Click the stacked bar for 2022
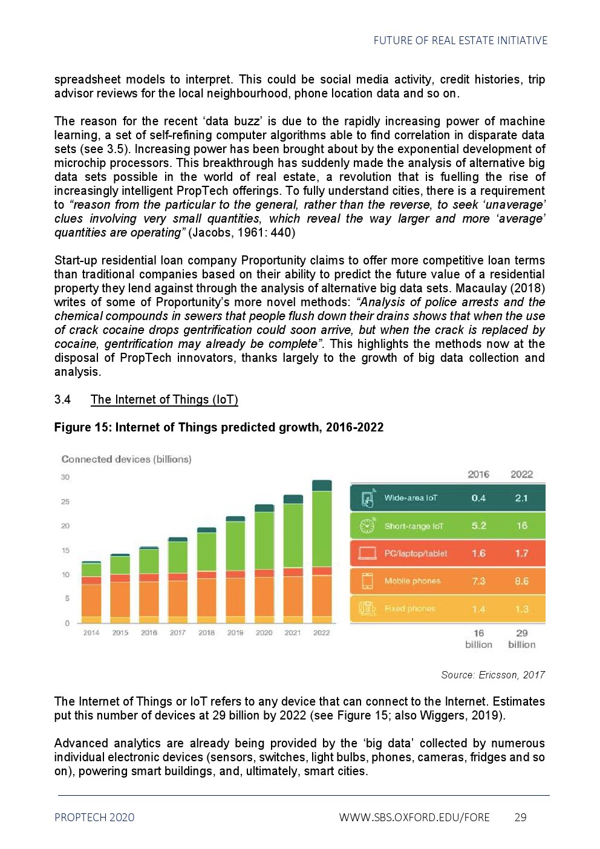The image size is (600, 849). coord(322,551)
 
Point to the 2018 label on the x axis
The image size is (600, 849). coord(206,632)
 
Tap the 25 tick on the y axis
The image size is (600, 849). coord(65,502)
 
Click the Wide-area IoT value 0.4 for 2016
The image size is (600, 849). coord(478,498)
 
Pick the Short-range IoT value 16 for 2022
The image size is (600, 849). coord(521,526)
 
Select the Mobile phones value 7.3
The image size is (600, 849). coord(478,581)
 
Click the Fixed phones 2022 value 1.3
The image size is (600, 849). coord(521,609)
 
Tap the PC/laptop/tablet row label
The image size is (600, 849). coord(416,553)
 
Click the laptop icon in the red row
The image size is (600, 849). coord(367,553)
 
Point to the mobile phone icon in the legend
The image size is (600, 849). coord(367,581)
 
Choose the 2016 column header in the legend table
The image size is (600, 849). coord(478,474)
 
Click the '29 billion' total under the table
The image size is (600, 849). coord(521,639)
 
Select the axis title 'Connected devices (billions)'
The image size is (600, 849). coord(126,459)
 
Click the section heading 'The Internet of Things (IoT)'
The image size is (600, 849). coord(165,399)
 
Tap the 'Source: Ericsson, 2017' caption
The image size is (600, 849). coord(493,675)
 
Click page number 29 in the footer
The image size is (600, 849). coord(520,818)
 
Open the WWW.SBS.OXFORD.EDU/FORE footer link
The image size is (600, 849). coord(414,818)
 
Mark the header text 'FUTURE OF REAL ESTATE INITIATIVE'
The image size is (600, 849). coord(460,41)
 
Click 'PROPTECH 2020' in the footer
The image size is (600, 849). coord(94,818)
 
